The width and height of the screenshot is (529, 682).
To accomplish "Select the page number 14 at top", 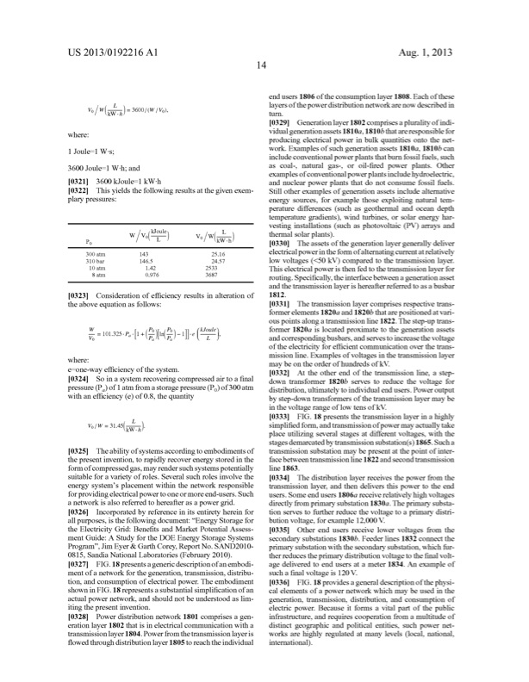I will coord(264,75).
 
